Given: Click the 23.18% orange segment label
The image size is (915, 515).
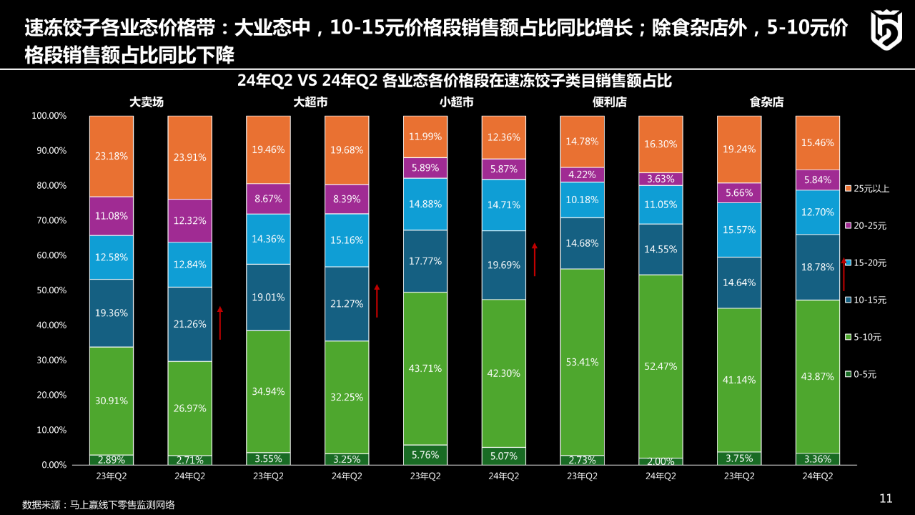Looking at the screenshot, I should [x=112, y=156].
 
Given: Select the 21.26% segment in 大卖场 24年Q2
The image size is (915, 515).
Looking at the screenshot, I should [x=190, y=324].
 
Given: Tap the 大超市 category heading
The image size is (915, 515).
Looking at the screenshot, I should [x=310, y=102].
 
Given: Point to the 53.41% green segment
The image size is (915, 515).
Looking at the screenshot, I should [x=583, y=362].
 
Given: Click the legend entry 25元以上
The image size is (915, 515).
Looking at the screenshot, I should [x=866, y=188].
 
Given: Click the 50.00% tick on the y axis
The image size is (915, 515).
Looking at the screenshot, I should [x=49, y=290].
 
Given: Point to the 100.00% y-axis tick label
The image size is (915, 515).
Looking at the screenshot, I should [x=49, y=116].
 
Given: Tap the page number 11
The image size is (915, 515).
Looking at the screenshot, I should [x=886, y=499].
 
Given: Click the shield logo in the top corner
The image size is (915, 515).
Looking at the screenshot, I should [x=886, y=30].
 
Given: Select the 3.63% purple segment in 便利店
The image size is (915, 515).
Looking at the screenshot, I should [x=661, y=179].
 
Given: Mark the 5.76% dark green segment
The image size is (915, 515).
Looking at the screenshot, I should [x=425, y=454].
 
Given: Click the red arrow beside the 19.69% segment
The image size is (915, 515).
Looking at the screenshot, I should [x=534, y=260].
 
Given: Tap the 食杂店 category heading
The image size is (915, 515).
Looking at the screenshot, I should [x=766, y=102].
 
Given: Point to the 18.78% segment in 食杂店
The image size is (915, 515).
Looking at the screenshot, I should [x=818, y=267].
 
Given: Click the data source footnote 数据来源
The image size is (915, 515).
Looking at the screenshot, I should [x=99, y=504].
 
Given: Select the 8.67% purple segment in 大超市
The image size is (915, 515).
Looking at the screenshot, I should [x=269, y=199].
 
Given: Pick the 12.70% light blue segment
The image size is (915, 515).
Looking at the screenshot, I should [x=818, y=212].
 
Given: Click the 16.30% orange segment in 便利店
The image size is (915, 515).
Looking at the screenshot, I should [x=661, y=144].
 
